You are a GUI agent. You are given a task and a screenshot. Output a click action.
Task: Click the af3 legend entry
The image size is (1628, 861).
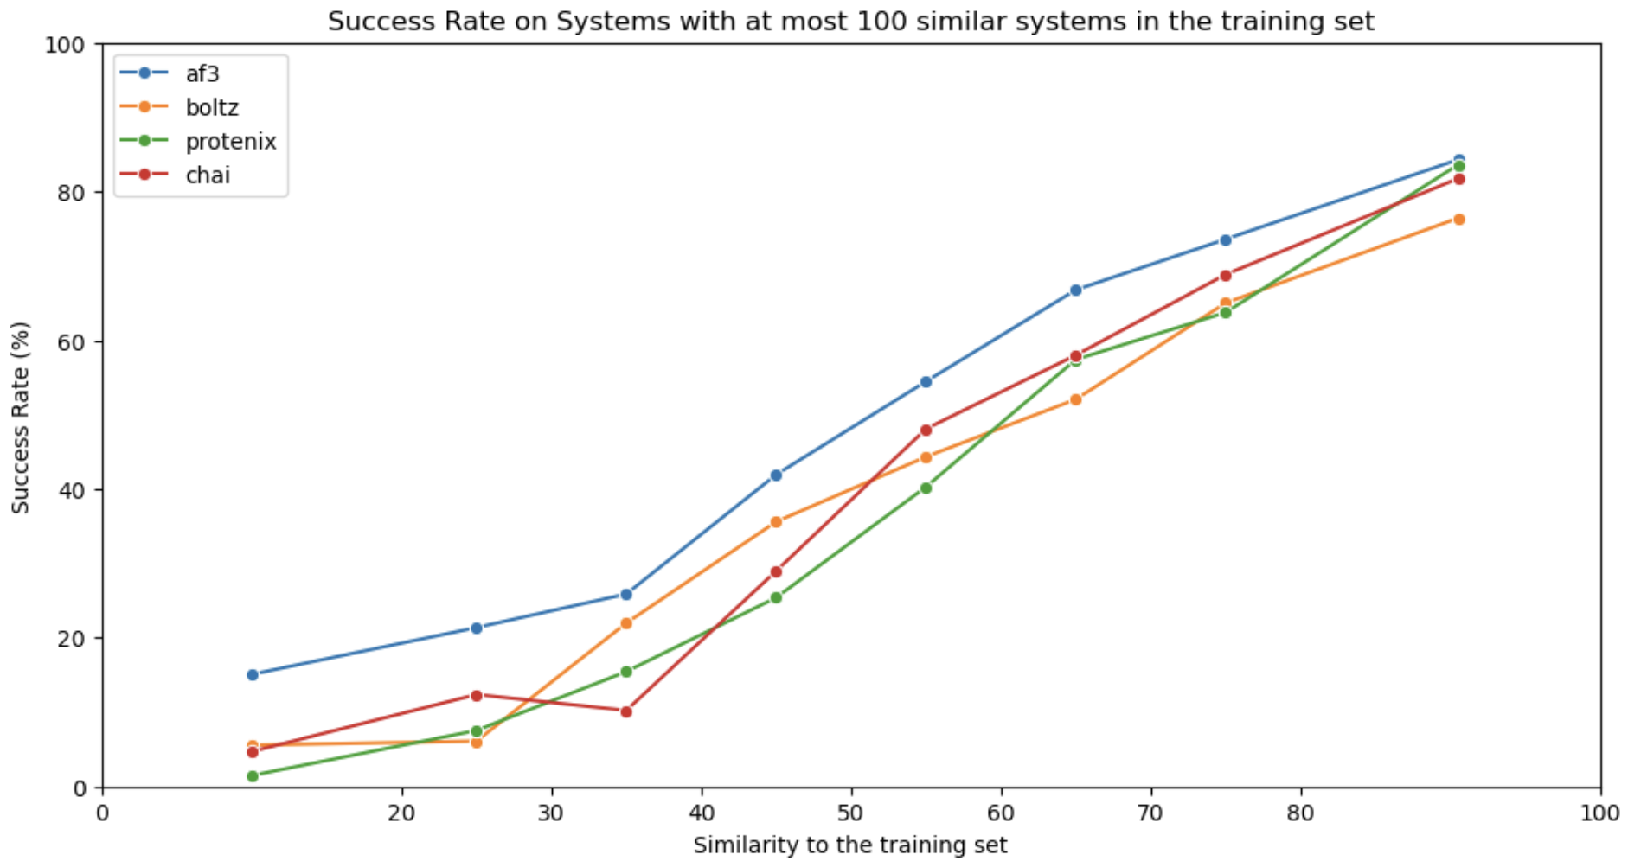click(x=202, y=73)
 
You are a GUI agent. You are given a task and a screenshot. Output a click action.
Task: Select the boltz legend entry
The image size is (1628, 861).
click(x=211, y=107)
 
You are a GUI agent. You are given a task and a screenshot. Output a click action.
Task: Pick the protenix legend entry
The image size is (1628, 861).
click(x=230, y=141)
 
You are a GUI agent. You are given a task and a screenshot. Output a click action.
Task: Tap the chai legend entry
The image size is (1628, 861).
click(x=208, y=175)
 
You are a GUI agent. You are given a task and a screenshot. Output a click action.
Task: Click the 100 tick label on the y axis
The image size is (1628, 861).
click(x=66, y=44)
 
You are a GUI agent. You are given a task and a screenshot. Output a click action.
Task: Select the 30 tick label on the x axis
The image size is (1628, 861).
click(x=551, y=813)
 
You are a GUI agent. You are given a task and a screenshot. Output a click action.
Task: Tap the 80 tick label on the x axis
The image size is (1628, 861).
click(x=1300, y=813)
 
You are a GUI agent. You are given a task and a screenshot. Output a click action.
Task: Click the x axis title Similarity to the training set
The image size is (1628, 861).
click(x=849, y=845)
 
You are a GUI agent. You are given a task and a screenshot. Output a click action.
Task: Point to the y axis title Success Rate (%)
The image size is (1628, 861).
click(x=21, y=417)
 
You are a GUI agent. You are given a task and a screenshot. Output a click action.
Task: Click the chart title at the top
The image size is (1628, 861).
click(x=849, y=21)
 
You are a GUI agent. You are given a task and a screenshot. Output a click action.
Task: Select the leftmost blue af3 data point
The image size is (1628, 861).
click(x=253, y=674)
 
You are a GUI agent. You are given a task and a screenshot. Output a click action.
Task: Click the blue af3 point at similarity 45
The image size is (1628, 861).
click(x=776, y=475)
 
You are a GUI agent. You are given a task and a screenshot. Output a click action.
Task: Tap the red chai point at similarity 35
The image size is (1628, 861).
click(x=626, y=711)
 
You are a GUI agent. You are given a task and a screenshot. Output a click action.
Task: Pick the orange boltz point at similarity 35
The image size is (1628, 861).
click(x=626, y=622)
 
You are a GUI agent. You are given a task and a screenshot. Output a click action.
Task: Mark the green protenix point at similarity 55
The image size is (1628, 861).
click(x=926, y=488)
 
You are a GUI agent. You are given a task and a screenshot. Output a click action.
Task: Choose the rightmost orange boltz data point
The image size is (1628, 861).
click(x=1458, y=219)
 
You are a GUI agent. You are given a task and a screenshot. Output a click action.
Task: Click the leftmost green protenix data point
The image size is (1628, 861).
click(x=253, y=775)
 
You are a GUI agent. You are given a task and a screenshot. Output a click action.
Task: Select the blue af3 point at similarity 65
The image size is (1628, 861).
click(x=1075, y=290)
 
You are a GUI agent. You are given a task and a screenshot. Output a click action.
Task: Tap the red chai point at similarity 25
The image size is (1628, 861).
click(x=476, y=695)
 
